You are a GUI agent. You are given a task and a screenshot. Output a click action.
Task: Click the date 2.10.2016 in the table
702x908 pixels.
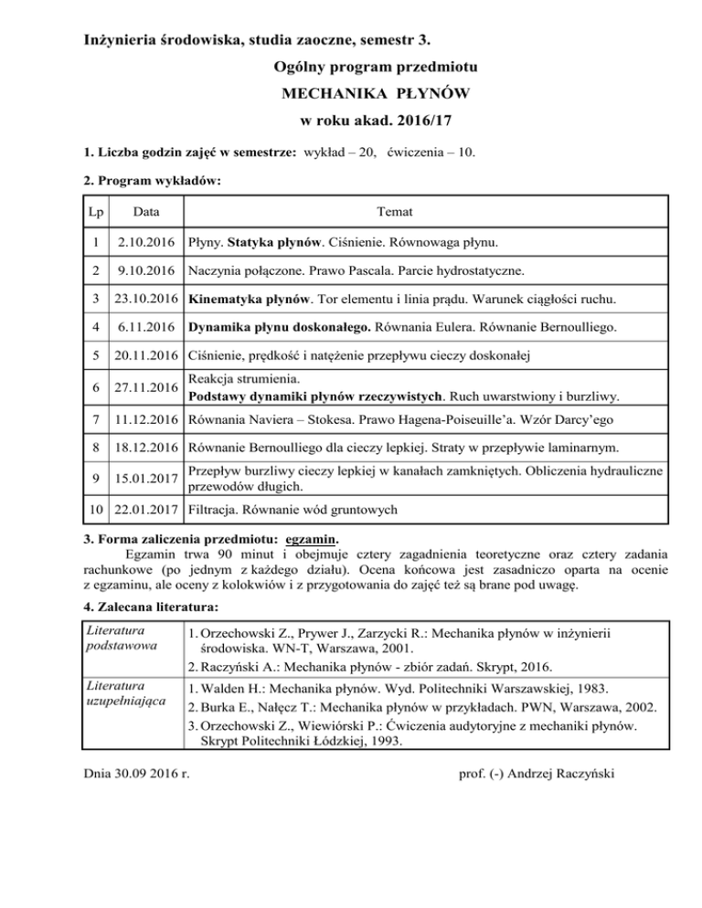coord(146,244)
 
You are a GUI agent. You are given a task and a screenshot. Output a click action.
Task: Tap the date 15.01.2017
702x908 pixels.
coord(146,480)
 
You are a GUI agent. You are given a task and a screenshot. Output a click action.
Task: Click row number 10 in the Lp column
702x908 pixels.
coord(95,508)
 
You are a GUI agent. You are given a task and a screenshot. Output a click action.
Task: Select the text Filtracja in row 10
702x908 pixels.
coord(215,508)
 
